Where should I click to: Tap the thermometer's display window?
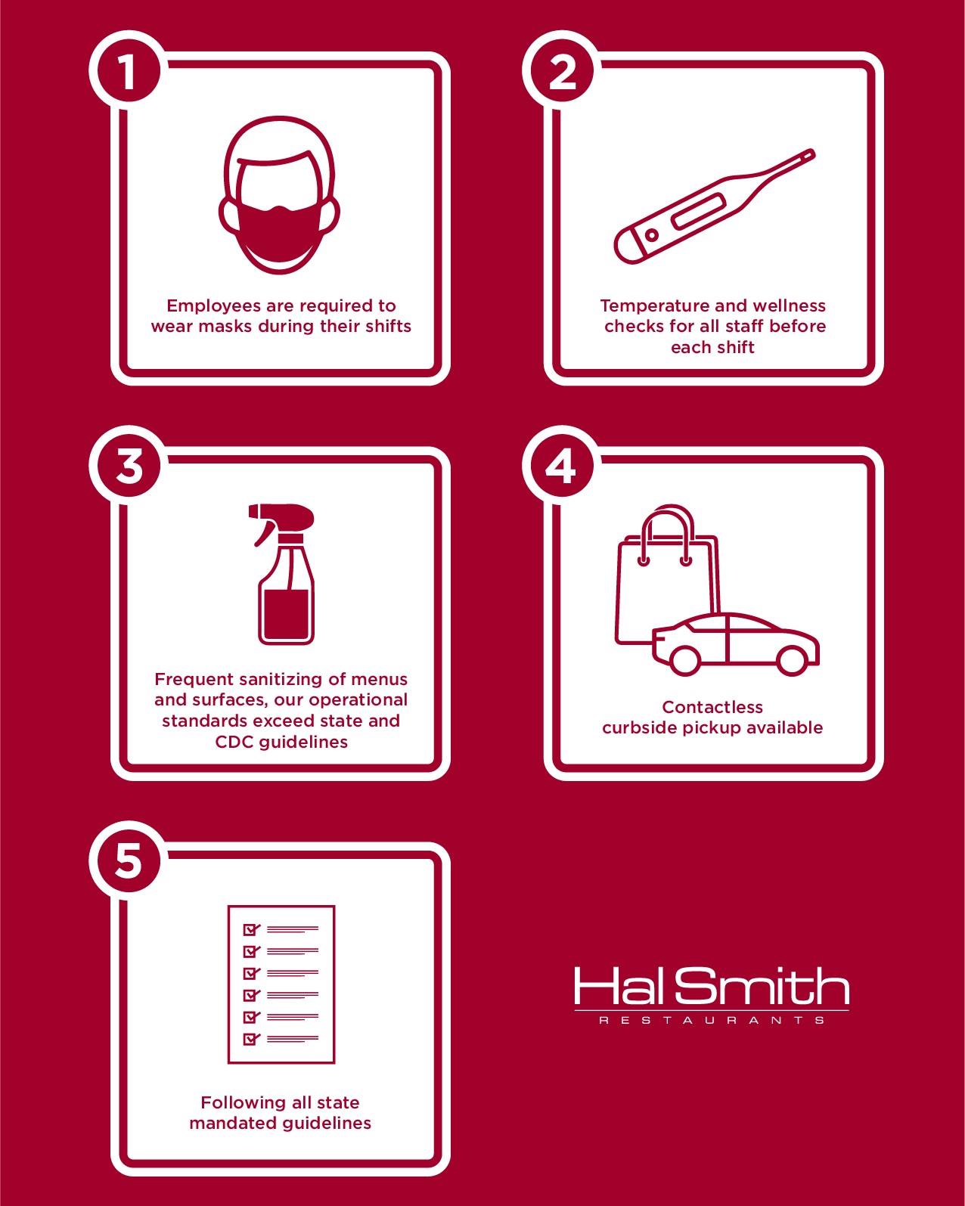(x=700, y=211)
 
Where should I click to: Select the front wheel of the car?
(x=684, y=659)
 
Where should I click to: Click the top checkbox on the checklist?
(x=250, y=930)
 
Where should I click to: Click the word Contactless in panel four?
(x=712, y=707)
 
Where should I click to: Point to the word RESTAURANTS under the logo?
(x=712, y=1021)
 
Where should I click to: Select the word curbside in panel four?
(x=638, y=728)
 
